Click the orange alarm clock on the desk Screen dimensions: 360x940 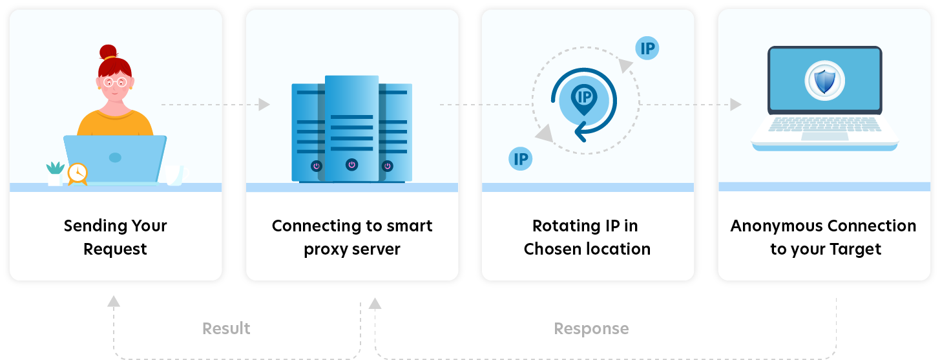click(77, 173)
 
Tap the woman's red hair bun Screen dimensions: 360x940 click(108, 52)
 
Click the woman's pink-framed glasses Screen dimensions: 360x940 click(115, 82)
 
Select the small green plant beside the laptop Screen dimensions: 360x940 click(56, 169)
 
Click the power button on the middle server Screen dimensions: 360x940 click(351, 164)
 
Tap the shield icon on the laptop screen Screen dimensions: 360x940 click(824, 82)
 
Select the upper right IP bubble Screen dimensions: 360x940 click(647, 48)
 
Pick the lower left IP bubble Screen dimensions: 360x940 click(520, 158)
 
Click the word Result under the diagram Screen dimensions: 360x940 click(226, 328)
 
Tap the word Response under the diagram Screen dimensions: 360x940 click(591, 328)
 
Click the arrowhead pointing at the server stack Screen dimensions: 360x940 click(264, 104)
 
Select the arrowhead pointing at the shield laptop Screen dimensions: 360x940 click(735, 104)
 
